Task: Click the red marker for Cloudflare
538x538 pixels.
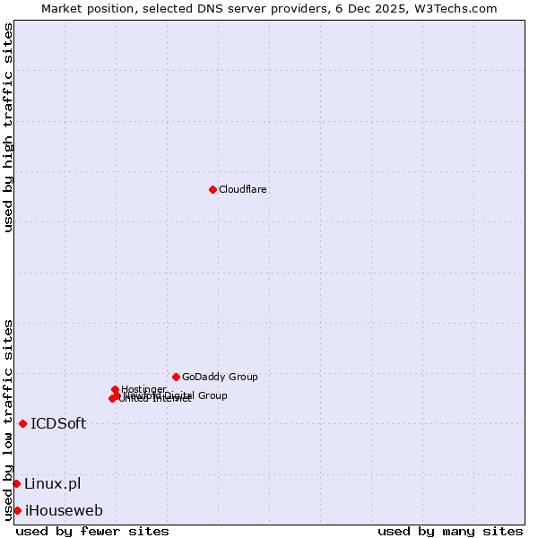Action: pos(213,189)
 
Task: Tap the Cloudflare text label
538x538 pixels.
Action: pos(243,189)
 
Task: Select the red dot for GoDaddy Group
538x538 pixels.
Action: pos(176,377)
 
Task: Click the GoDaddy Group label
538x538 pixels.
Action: pos(220,377)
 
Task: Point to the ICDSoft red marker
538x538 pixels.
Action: pos(22,423)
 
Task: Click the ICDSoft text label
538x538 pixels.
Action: pos(58,424)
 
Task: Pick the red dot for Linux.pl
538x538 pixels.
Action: pos(16,483)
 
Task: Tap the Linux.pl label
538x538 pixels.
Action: pos(52,484)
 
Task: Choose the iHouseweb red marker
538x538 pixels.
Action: pos(17,510)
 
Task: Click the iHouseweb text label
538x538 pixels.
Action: pos(64,511)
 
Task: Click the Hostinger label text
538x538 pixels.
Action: pos(143,389)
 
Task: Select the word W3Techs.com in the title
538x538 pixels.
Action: pos(459,8)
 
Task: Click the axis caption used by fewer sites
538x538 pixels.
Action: pos(92,531)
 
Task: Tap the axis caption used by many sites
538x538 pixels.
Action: pos(450,531)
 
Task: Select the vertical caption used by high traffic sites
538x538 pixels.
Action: pos(8,127)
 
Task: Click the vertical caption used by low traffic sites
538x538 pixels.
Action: pos(8,420)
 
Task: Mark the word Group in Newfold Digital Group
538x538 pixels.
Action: pos(213,395)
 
